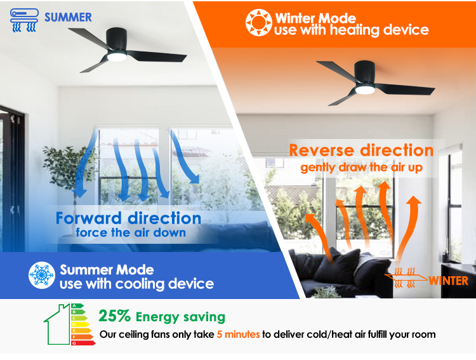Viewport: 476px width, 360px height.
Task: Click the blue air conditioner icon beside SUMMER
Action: click(x=24, y=20)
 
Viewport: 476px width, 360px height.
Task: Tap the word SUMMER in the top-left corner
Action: click(x=68, y=17)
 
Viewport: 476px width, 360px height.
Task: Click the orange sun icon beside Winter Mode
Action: click(x=259, y=23)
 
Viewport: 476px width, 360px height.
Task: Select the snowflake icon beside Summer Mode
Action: click(x=42, y=275)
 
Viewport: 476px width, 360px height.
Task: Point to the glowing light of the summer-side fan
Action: click(x=117, y=57)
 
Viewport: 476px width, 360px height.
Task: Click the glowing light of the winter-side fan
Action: click(x=365, y=90)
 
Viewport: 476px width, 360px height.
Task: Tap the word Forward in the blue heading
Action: click(x=89, y=218)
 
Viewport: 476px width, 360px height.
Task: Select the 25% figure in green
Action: click(x=115, y=316)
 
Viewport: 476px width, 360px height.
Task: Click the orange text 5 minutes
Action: click(x=238, y=335)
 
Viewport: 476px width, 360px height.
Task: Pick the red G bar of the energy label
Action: click(x=83, y=343)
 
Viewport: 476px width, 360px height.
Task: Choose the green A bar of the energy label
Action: click(x=77, y=305)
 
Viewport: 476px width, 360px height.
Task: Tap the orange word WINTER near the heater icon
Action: click(x=448, y=281)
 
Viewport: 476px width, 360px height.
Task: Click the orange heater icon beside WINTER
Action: click(x=405, y=277)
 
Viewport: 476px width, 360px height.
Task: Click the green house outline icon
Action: click(x=57, y=324)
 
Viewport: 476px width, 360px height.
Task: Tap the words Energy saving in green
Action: click(x=180, y=317)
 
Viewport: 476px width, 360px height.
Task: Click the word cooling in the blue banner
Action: click(x=140, y=284)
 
